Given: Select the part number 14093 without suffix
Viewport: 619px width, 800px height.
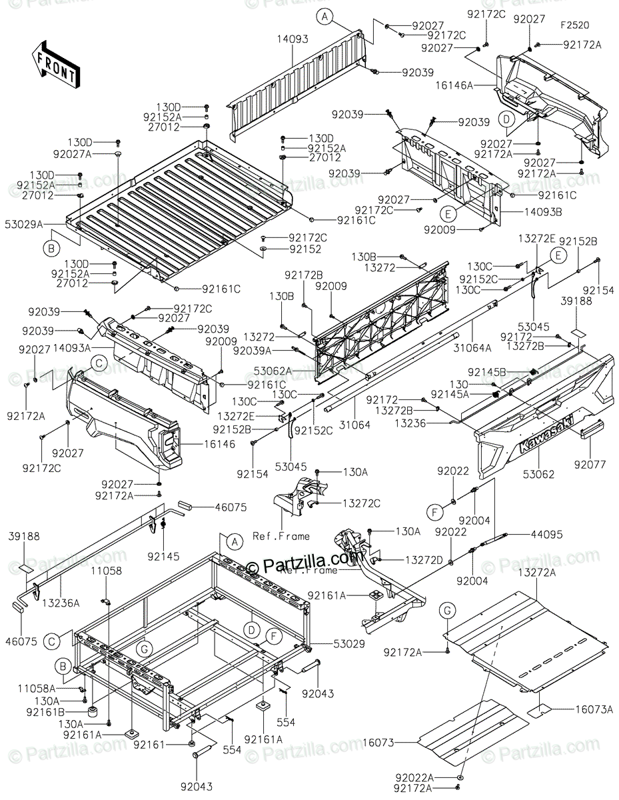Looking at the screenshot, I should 293,40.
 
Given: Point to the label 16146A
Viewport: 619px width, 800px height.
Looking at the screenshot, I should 474,85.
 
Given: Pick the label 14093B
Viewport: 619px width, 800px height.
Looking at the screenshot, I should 522,212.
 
